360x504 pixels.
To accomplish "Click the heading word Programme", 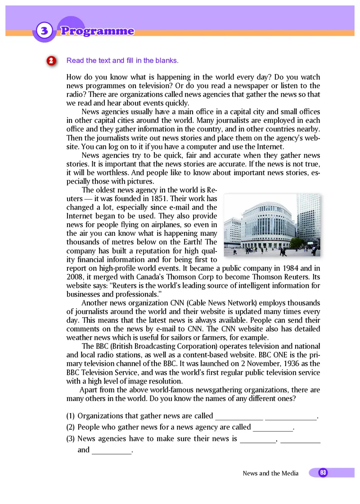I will click(97, 31).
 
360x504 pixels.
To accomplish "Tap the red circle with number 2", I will click(51, 61).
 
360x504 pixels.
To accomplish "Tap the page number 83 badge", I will click(323, 472).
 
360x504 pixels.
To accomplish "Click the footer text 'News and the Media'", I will click(270, 473).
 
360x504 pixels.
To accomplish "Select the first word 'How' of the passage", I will click(74, 77).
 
